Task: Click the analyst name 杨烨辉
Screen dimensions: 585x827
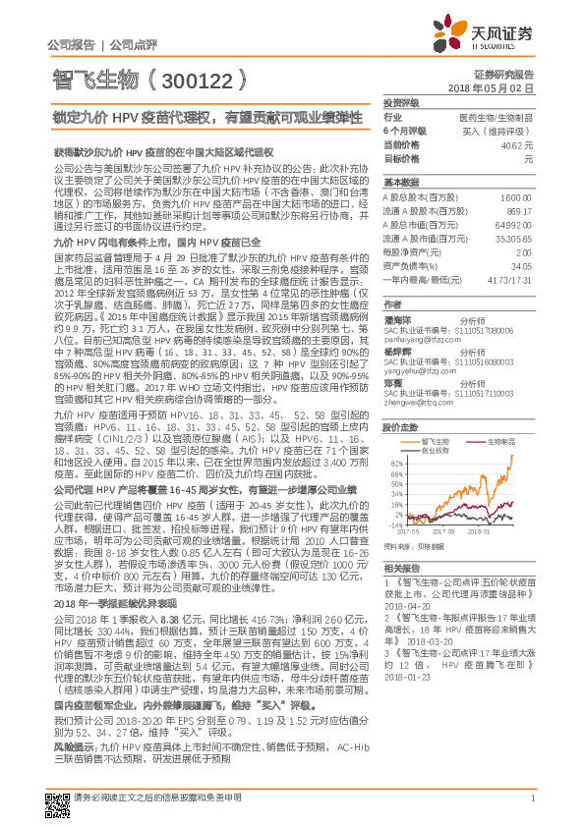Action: coord(397,349)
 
